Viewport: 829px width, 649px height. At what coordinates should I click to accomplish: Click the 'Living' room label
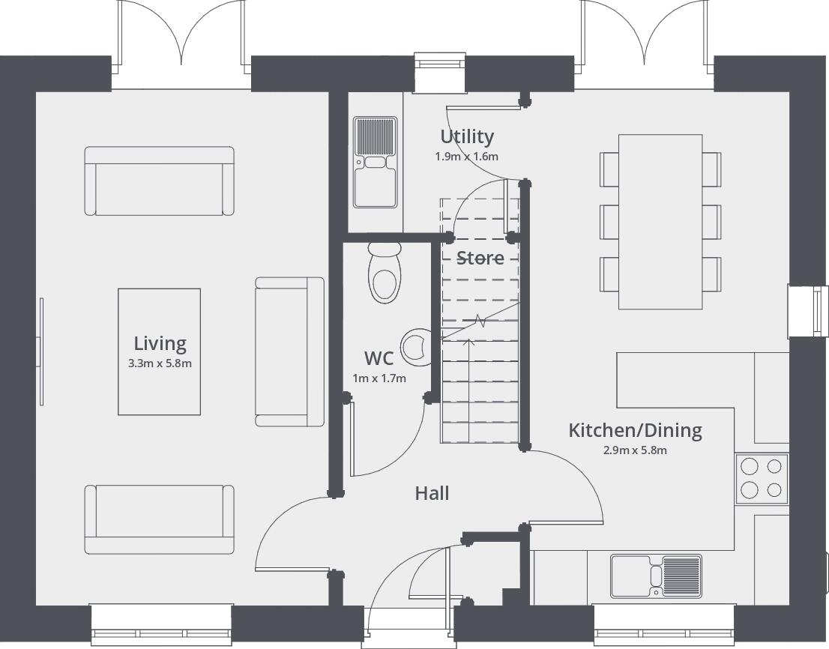(160, 343)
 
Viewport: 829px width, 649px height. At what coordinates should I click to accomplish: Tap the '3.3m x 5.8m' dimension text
(160, 364)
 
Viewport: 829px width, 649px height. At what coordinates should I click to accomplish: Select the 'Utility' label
(467, 136)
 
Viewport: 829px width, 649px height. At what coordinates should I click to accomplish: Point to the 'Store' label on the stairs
(480, 258)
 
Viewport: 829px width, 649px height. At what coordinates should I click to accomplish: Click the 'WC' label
(379, 358)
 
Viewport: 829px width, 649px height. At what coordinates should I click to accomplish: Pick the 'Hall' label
(432, 493)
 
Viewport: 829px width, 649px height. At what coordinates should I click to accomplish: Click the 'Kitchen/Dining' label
(635, 430)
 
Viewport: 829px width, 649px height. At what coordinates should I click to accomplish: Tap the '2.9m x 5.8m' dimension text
(635, 450)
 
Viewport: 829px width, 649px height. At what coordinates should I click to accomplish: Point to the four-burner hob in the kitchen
(762, 479)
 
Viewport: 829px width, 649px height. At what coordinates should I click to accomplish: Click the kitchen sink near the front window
(656, 576)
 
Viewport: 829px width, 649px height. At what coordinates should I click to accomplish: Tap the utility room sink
(375, 161)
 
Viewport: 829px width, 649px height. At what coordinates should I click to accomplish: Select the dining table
(660, 222)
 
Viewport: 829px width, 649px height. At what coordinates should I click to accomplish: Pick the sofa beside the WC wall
(289, 351)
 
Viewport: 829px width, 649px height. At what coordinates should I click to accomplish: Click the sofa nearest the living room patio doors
(159, 181)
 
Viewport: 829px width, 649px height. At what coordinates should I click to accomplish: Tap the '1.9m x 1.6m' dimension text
(466, 157)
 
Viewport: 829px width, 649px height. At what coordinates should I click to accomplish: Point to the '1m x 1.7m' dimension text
(379, 378)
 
